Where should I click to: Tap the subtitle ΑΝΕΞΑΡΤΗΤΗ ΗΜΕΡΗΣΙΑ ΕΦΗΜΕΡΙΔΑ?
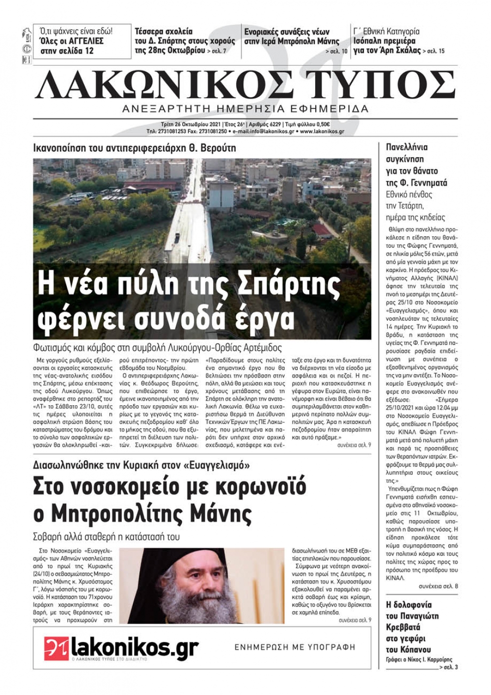pos(245,109)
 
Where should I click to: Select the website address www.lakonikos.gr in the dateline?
pos(322,132)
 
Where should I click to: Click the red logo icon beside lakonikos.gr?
pos(56,648)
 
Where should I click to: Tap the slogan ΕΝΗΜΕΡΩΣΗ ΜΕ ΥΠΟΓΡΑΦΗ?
pos(294,647)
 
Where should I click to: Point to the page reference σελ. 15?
pos(436,51)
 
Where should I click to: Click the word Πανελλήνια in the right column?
pos(407,147)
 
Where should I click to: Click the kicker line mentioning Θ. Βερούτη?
pos(135,148)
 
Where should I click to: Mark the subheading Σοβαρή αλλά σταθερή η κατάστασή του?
pos(106,536)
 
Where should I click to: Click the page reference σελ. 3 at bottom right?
pos(450,667)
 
